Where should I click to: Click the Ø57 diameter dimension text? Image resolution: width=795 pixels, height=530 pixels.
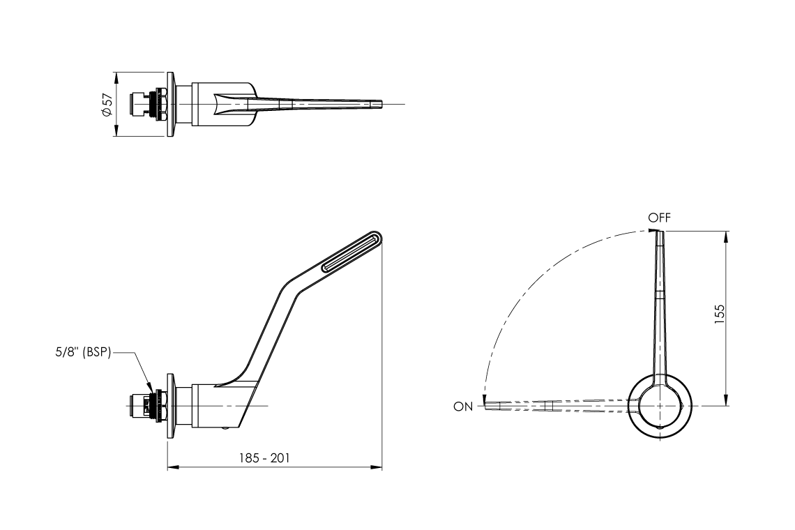107,104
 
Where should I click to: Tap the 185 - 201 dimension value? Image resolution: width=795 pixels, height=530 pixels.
264,458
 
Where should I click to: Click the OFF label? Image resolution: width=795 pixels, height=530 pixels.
659,218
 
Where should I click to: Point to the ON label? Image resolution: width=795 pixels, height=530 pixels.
462,407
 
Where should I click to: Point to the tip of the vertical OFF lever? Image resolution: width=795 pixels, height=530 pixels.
660,234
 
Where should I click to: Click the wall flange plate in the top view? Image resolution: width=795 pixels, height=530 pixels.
169,104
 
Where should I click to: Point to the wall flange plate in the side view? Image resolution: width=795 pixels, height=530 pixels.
169,406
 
